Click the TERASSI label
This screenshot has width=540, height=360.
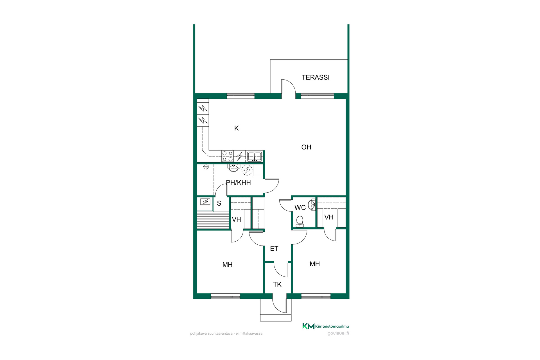pyautogui.click(x=316, y=77)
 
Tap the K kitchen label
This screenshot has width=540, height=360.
pyautogui.click(x=237, y=128)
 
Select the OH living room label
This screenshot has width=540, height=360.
pyautogui.click(x=306, y=147)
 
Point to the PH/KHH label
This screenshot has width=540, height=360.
pyautogui.click(x=238, y=183)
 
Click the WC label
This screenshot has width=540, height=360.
pyautogui.click(x=300, y=208)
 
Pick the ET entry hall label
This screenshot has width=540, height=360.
pyautogui.click(x=274, y=249)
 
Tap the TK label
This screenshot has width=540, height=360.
pyautogui.click(x=277, y=284)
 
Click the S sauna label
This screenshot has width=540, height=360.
pyautogui.click(x=219, y=203)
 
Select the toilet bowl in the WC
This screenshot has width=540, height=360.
pyautogui.click(x=300, y=221)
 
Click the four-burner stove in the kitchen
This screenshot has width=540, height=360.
pyautogui.click(x=228, y=156)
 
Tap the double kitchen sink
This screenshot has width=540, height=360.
pyautogui.click(x=255, y=156)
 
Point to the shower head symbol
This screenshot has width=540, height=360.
pyautogui.click(x=206, y=167)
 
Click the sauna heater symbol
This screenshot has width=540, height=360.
pyautogui.click(x=205, y=202)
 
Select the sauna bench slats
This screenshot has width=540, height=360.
pyautogui.click(x=213, y=220)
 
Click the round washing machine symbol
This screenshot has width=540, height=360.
pyautogui.click(x=247, y=170)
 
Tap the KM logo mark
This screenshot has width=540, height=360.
pyautogui.click(x=309, y=326)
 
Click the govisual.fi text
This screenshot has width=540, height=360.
pyautogui.click(x=338, y=333)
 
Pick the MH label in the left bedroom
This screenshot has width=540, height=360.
pyautogui.click(x=228, y=265)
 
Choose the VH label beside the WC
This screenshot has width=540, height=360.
pyautogui.click(x=329, y=217)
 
